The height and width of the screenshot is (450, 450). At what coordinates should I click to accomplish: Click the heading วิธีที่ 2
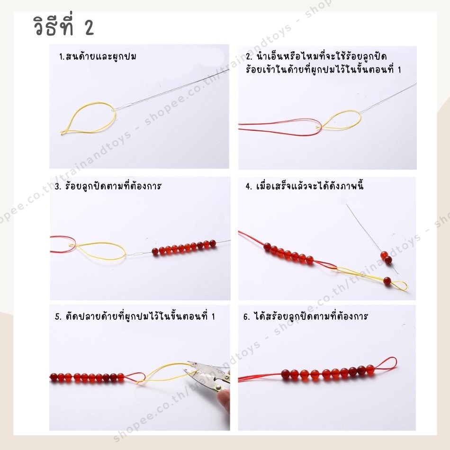64,26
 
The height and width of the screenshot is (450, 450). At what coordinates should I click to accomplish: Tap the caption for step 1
98,56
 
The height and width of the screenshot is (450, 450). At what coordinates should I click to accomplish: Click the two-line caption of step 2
324,63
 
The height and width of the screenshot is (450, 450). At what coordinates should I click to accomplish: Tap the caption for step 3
108,186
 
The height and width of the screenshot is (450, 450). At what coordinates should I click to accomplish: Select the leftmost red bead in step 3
155,252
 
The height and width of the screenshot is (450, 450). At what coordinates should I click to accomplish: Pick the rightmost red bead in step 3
213,243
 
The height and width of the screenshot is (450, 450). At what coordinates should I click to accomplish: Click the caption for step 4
305,186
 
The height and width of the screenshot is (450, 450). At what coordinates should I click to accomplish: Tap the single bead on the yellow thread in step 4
387,280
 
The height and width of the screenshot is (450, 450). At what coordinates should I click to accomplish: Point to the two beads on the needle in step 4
386,257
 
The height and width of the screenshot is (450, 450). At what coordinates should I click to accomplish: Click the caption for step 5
135,316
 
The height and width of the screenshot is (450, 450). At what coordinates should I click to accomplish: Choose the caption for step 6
306,316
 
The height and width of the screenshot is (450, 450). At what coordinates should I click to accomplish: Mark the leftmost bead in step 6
286,374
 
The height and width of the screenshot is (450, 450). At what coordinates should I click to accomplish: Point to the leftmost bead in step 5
54,377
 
